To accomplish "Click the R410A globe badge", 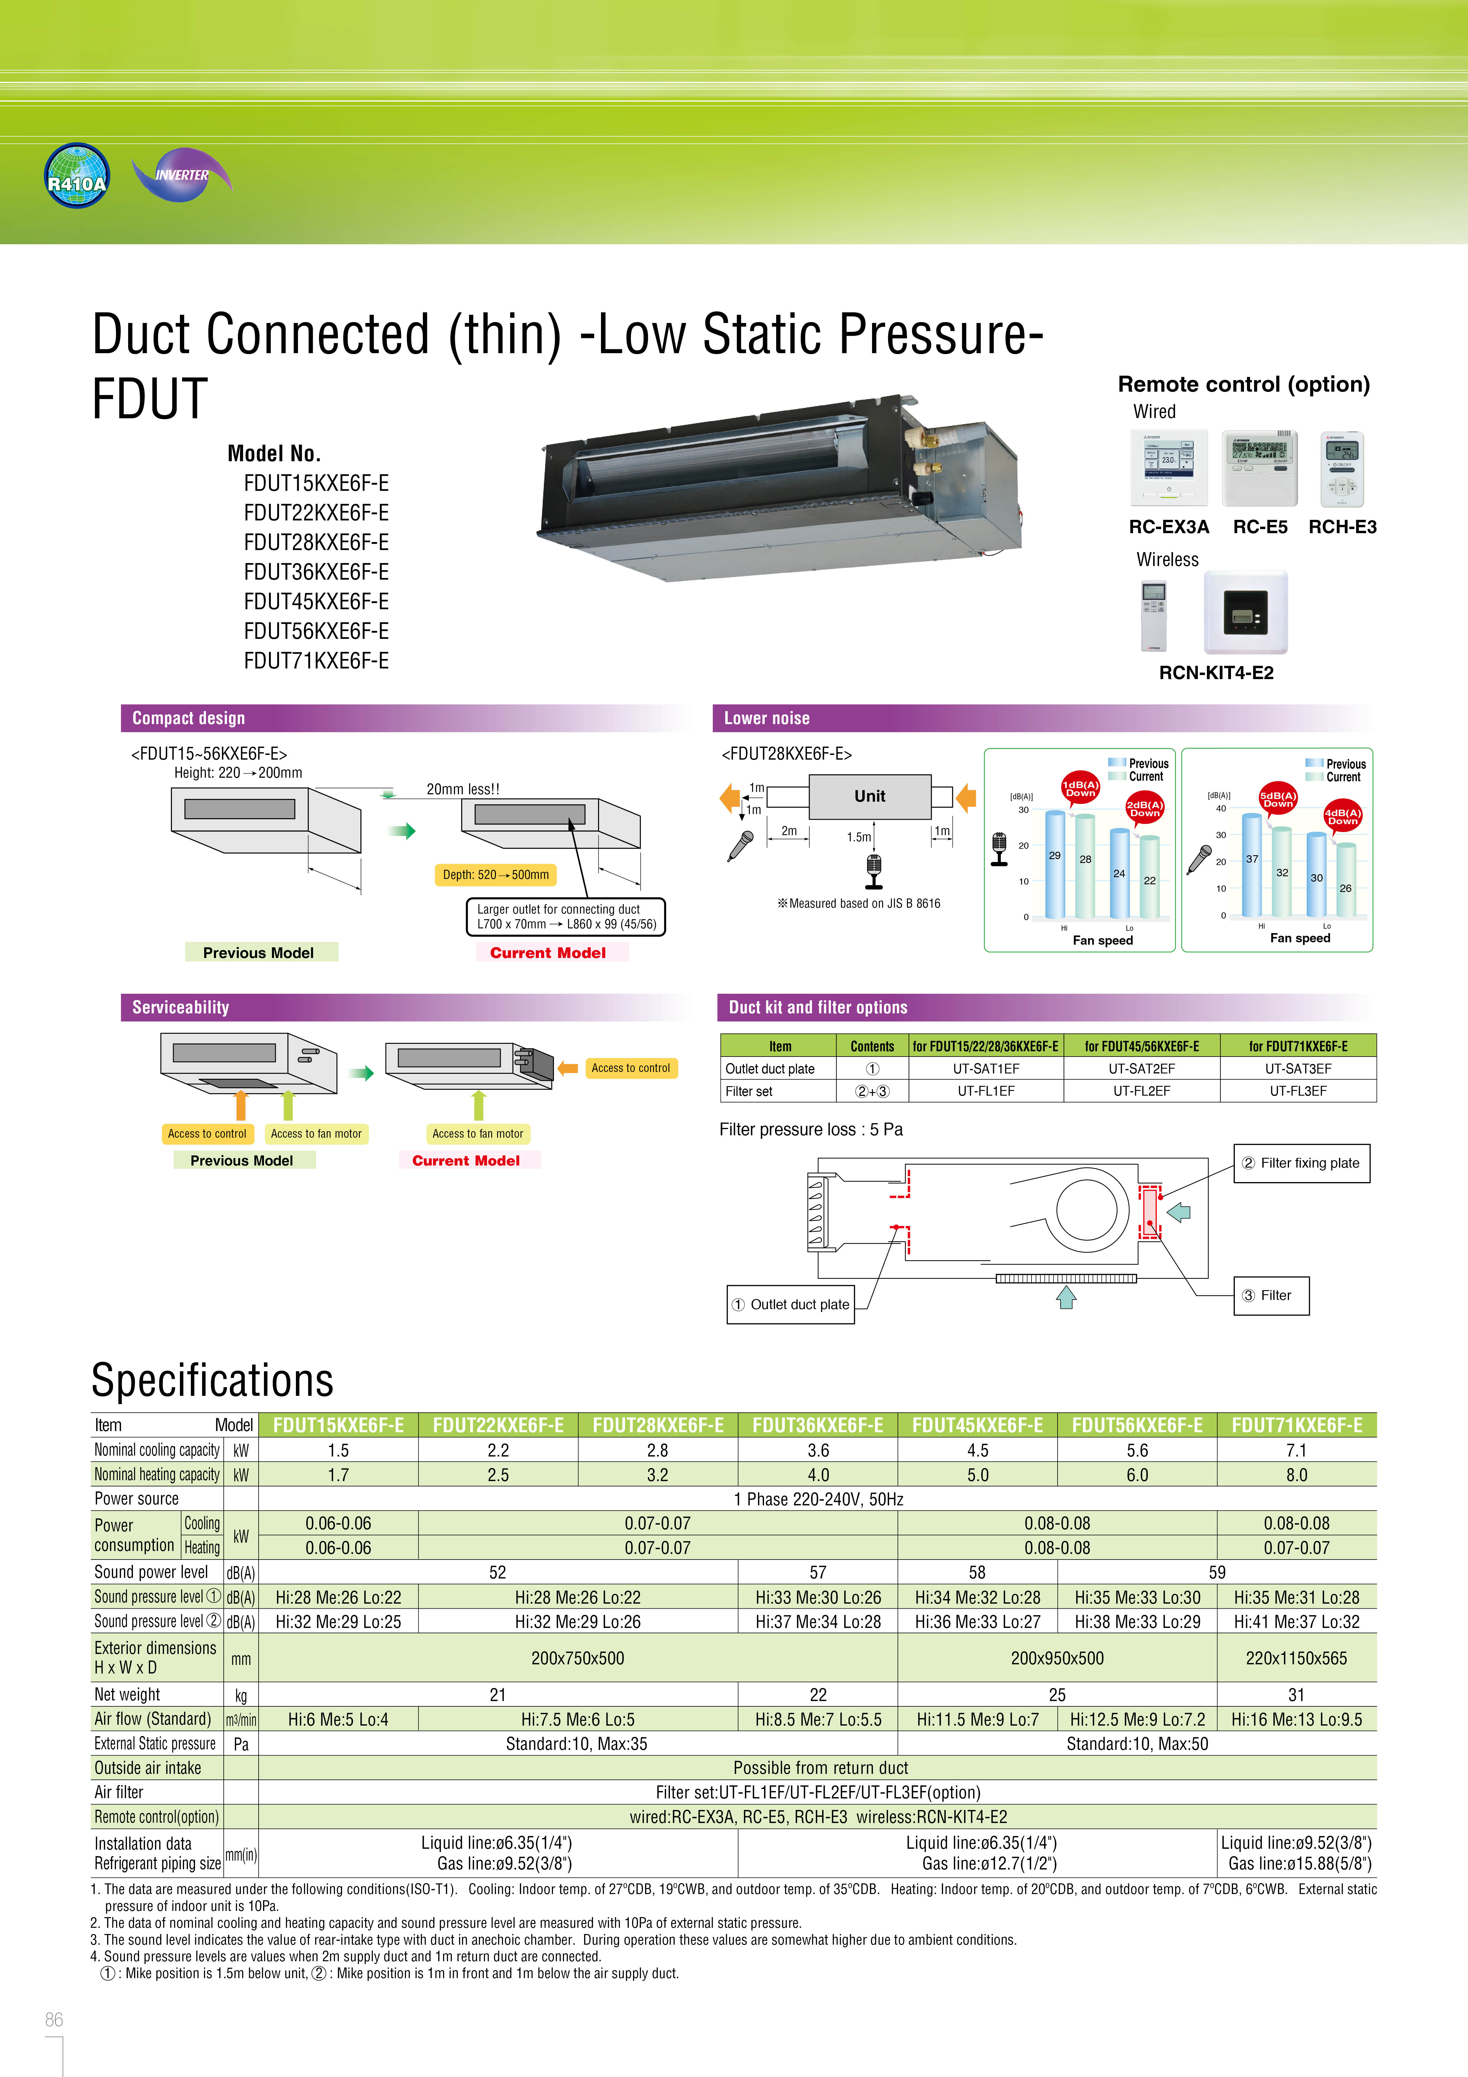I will pos(77,176).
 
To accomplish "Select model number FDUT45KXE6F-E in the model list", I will pos(316,602).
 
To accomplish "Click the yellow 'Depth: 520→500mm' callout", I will pos(496,875).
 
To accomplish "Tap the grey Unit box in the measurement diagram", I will pos(869,796).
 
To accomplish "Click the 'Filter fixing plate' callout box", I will pos(1302,1163).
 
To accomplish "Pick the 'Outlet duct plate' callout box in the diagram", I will pos(791,1304).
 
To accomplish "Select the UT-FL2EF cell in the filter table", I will pos(1142,1091).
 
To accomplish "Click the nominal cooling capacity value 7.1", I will pos(1296,1450).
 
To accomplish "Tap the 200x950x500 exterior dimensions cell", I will pos(1056,1658).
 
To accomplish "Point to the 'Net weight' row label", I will pos(128,1694).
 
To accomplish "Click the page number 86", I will pos(54,2020).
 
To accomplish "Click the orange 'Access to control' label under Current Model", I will pos(631,1068).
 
